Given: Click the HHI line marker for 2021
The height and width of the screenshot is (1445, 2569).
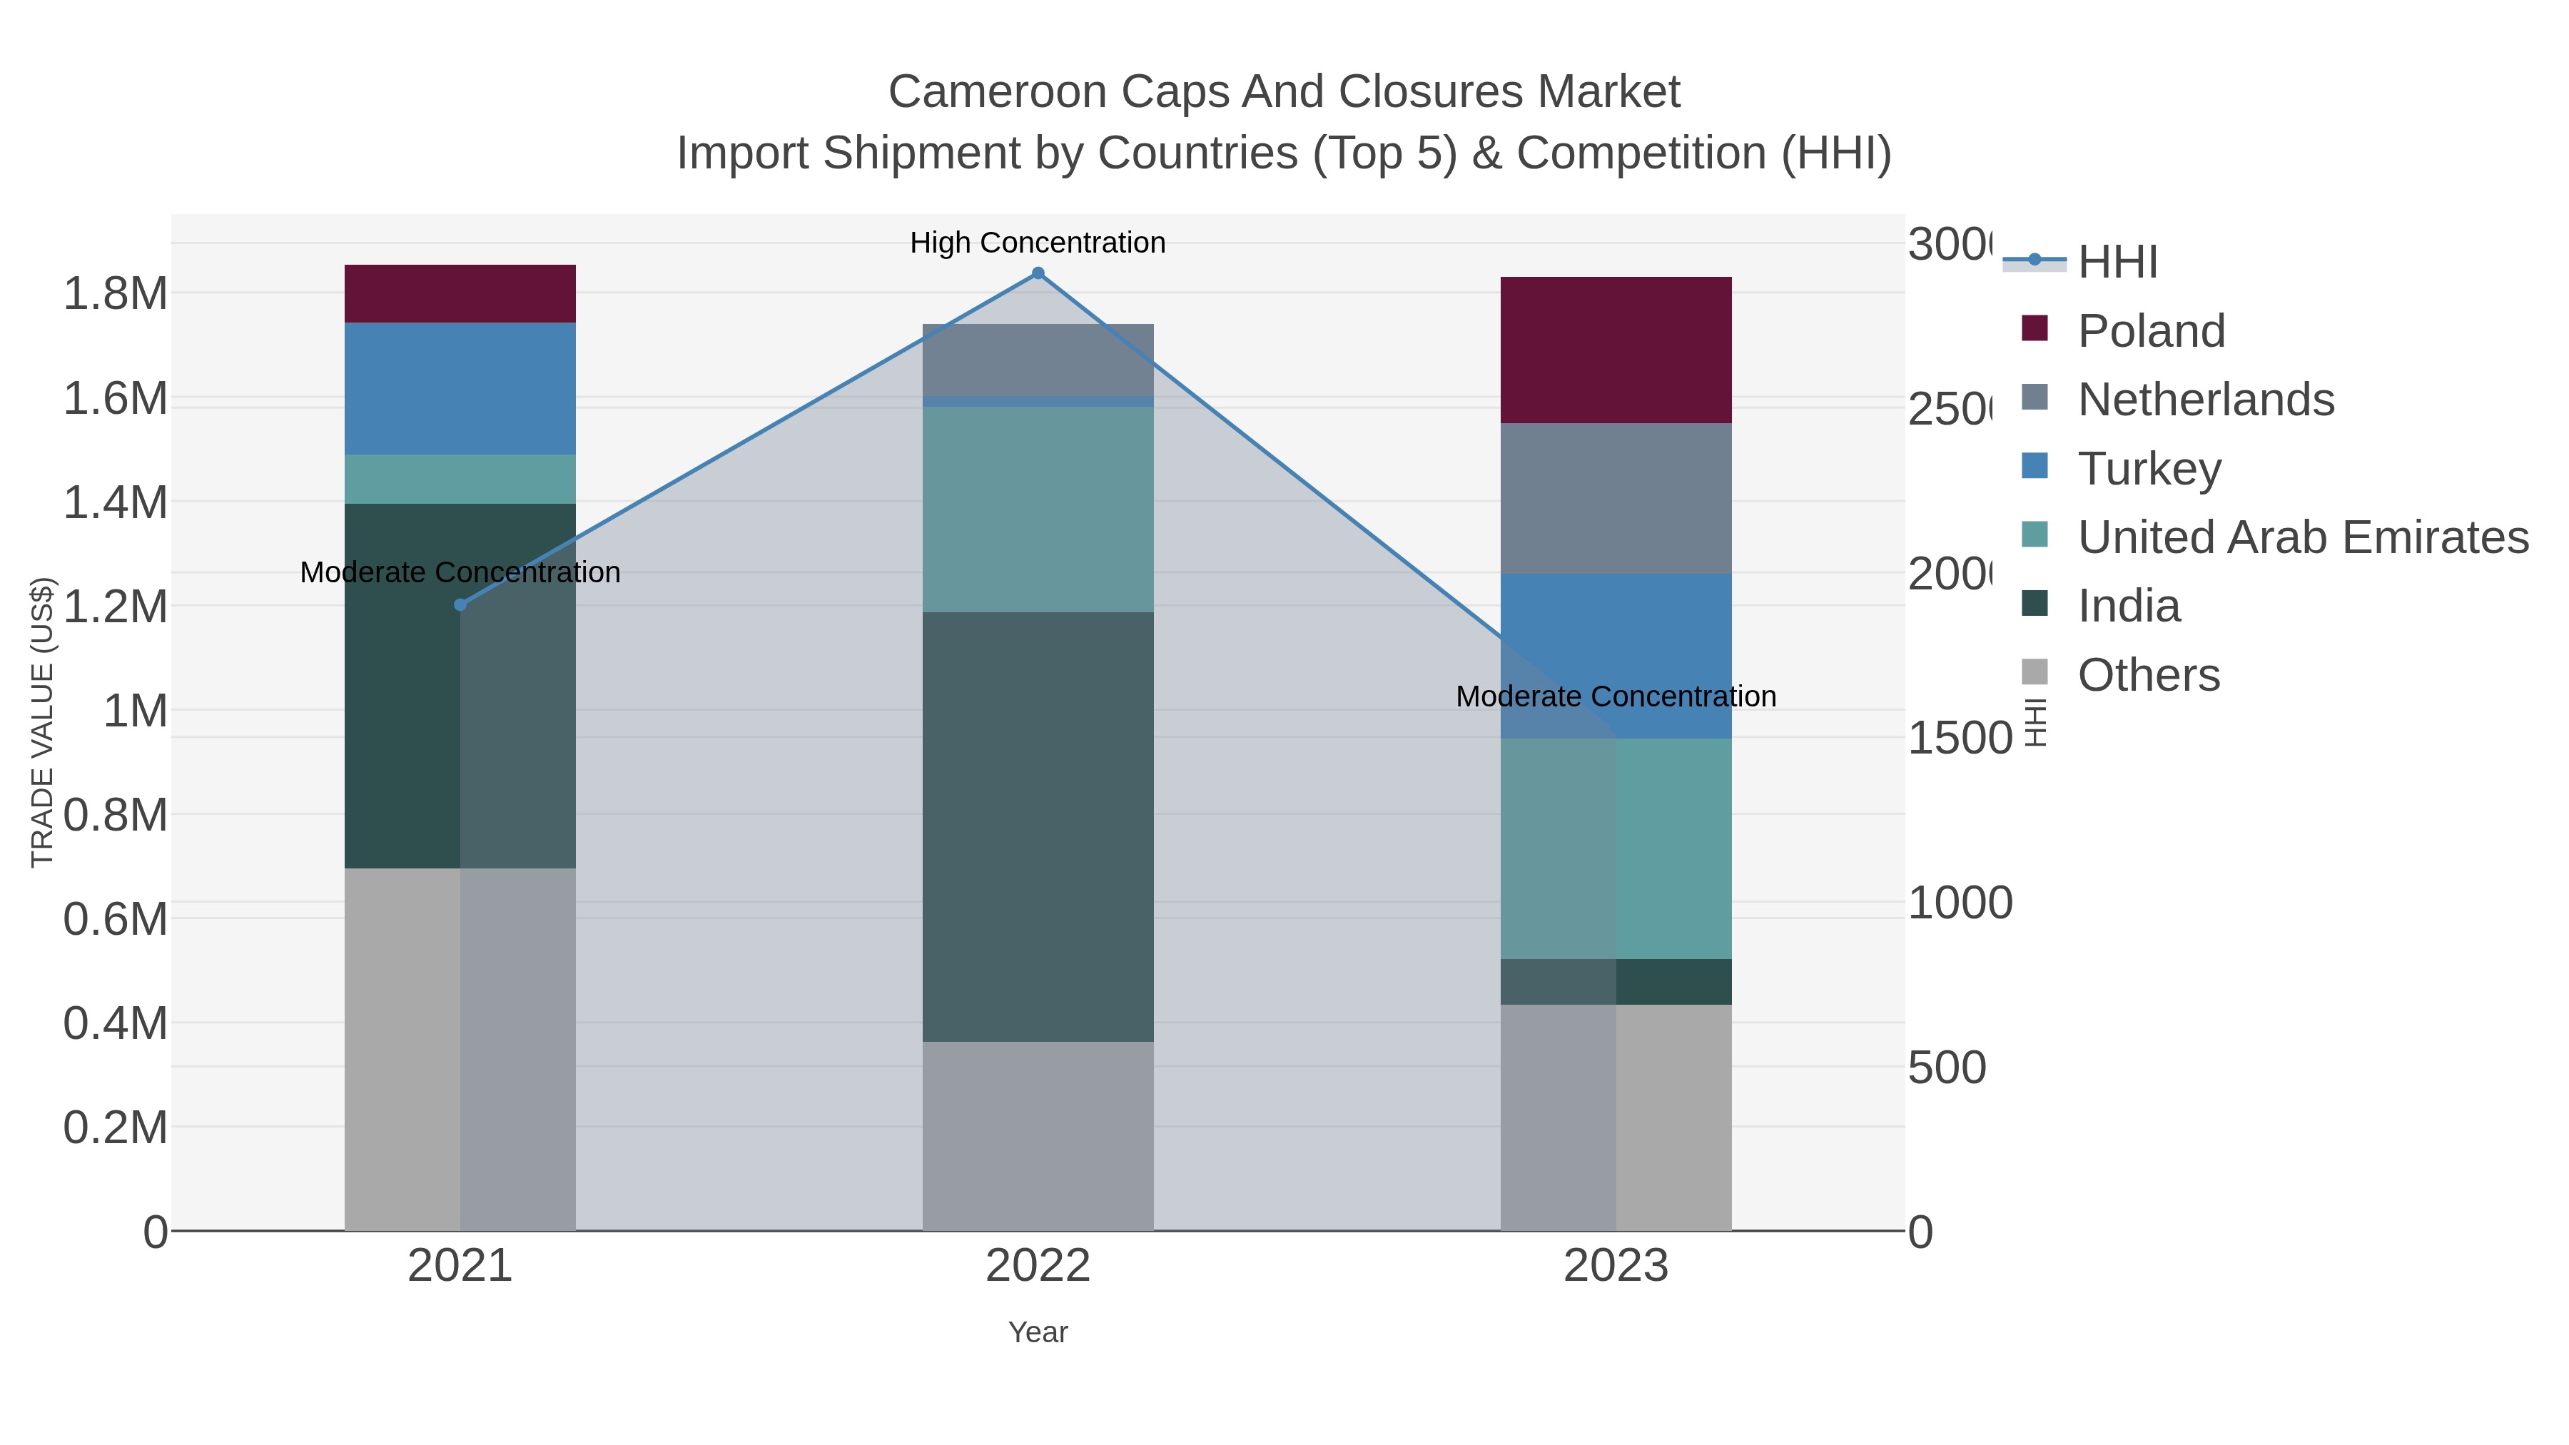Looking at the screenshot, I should click(x=460, y=604).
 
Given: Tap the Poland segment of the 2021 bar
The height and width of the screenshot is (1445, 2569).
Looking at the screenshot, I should click(x=460, y=293).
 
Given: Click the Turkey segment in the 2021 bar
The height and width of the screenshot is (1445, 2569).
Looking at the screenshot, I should click(x=460, y=388).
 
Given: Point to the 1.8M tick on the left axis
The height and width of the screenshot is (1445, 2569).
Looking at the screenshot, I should click(x=115, y=294).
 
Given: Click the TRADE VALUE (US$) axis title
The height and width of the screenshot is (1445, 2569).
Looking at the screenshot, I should click(x=42, y=722).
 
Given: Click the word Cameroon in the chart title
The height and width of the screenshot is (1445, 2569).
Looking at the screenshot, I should click(x=998, y=92).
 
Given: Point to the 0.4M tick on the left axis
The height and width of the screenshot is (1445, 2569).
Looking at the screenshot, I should click(x=115, y=1023).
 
